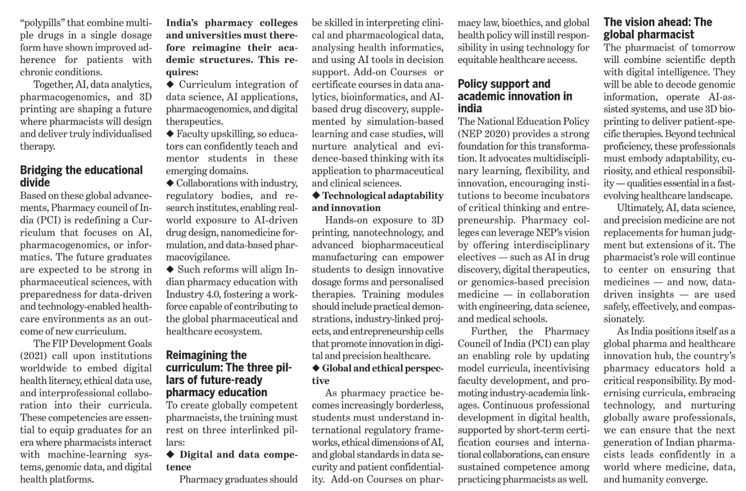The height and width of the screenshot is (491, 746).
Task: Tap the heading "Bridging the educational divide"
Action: click(81, 176)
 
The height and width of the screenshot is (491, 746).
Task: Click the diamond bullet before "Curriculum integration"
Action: click(170, 84)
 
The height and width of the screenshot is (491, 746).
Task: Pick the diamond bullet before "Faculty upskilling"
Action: click(170, 134)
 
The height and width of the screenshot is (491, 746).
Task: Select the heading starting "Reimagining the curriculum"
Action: click(228, 374)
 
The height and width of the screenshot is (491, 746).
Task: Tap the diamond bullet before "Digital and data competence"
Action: click(170, 455)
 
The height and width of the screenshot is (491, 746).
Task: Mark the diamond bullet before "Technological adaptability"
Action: click(316, 196)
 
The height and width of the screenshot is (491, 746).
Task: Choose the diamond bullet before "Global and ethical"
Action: click(316, 368)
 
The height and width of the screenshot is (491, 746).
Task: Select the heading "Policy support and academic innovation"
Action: click(514, 96)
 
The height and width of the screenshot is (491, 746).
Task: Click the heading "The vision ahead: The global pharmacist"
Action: click(657, 28)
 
